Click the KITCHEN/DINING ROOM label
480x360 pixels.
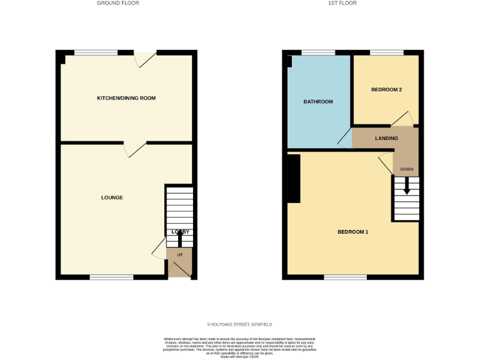click(x=126, y=98)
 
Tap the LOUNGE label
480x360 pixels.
click(x=112, y=197)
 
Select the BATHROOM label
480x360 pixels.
click(x=318, y=101)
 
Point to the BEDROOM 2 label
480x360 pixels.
click(x=386, y=90)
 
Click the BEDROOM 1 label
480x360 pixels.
click(x=353, y=232)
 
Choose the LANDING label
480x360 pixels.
click(x=386, y=138)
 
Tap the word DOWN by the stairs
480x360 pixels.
click(x=407, y=169)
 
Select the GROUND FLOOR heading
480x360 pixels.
click(x=117, y=3)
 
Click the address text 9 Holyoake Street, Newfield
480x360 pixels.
click(x=239, y=324)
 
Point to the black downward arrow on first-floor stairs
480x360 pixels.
click(x=407, y=186)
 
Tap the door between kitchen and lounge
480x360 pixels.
click(x=134, y=149)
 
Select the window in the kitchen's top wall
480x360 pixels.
click(x=96, y=52)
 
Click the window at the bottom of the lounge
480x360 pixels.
click(x=111, y=276)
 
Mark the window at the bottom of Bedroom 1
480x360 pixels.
click(x=345, y=276)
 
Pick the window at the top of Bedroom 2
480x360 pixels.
click(x=386, y=52)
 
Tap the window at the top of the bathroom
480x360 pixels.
click(x=318, y=52)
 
